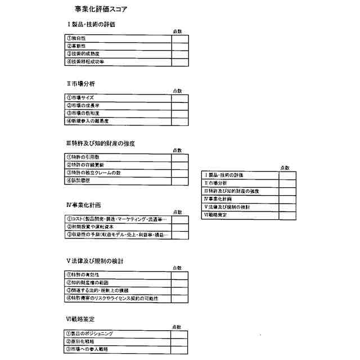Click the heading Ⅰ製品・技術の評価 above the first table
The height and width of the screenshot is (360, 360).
92,24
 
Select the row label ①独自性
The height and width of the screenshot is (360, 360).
76,38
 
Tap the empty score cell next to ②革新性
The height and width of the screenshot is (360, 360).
180,46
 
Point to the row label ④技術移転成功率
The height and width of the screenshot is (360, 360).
85,61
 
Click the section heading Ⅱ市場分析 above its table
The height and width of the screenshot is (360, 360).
80,83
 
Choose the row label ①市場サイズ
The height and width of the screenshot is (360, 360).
80,97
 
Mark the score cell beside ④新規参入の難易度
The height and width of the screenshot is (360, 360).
180,121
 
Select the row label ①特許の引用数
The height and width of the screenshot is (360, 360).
83,157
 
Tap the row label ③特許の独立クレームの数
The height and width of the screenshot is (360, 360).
93,173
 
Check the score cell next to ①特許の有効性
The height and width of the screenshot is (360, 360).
180,275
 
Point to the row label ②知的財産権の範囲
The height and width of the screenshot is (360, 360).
87,283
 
